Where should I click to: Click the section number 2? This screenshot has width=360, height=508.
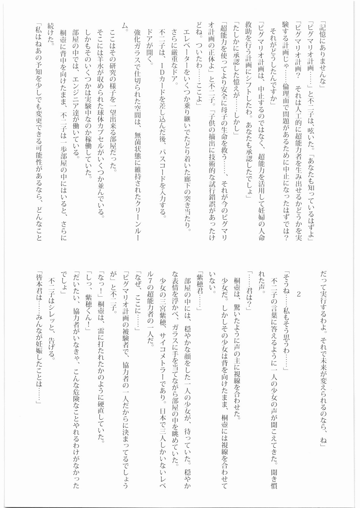(x=298, y=294)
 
